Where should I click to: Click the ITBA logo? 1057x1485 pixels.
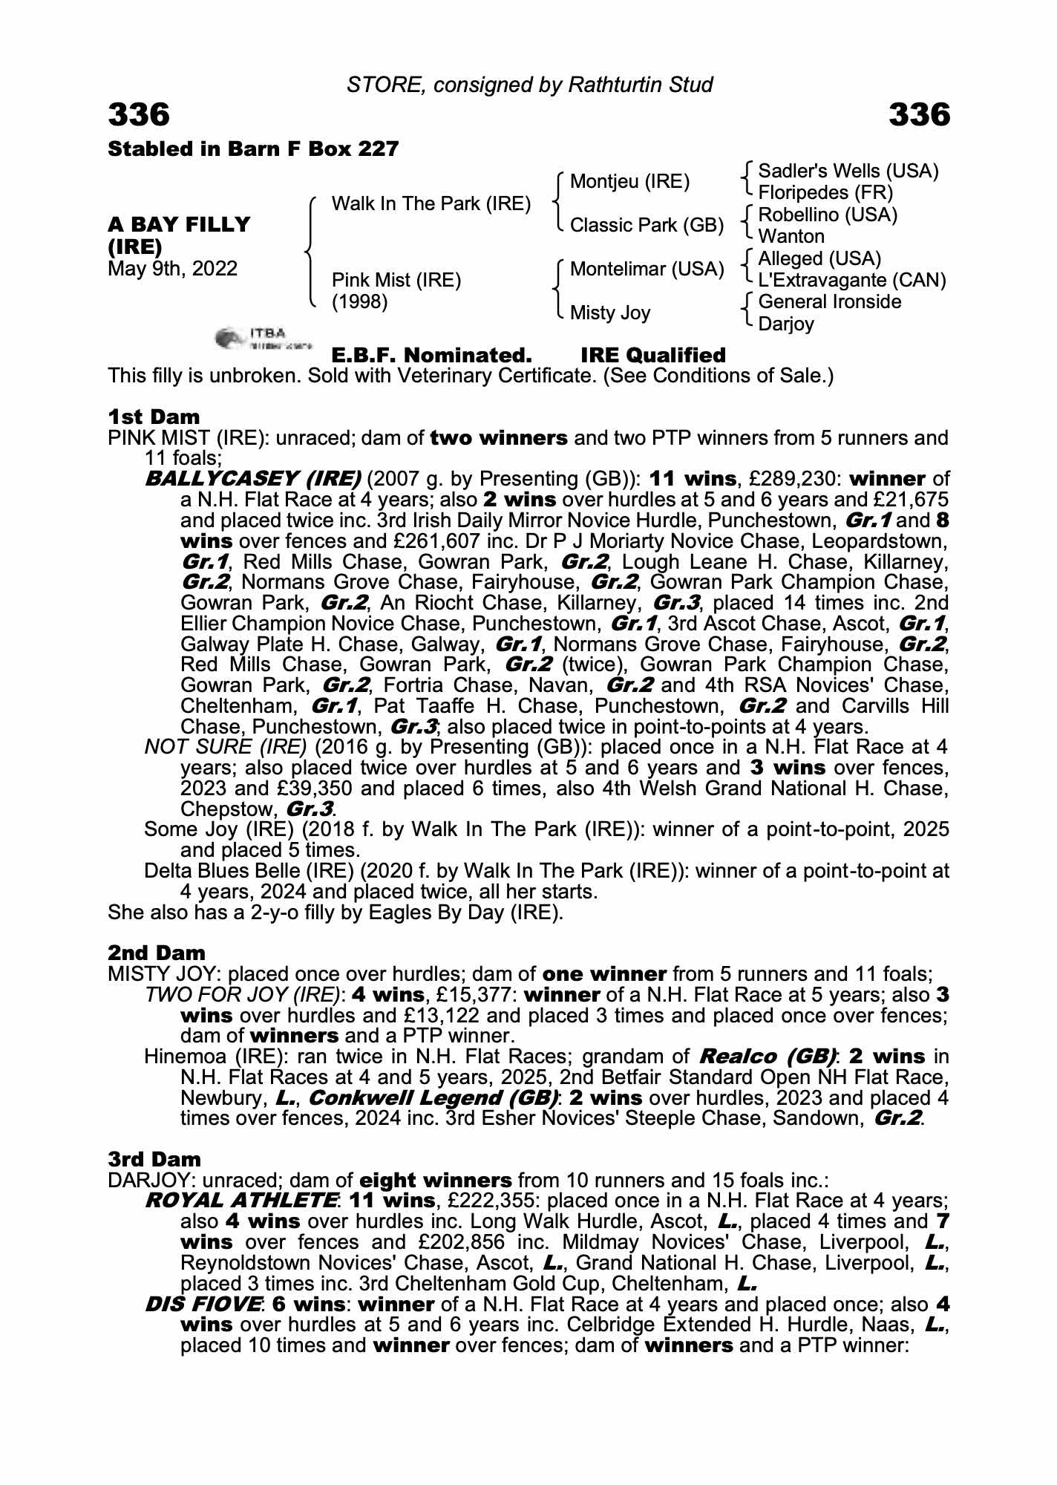[x=264, y=338]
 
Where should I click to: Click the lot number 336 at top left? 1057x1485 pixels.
[x=139, y=115]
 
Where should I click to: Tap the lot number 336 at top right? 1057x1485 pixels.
[x=919, y=115]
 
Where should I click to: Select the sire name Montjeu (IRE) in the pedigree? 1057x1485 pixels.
[x=629, y=182]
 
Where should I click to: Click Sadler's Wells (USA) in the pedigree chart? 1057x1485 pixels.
[x=848, y=172]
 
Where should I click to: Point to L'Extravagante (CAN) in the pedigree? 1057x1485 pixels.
[x=852, y=281]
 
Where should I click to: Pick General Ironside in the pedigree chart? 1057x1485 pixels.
[x=830, y=302]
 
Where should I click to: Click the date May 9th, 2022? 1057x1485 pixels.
[x=172, y=268]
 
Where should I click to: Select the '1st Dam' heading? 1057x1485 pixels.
[x=154, y=417]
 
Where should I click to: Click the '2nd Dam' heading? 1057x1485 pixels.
[x=156, y=953]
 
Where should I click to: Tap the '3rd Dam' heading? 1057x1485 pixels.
[x=154, y=1159]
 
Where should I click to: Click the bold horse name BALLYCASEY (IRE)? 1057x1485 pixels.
[x=252, y=479]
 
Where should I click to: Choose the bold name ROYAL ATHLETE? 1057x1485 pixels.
[x=241, y=1201]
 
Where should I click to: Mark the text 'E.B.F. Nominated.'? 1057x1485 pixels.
[x=431, y=355]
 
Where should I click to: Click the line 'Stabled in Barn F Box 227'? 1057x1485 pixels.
[x=253, y=149]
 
